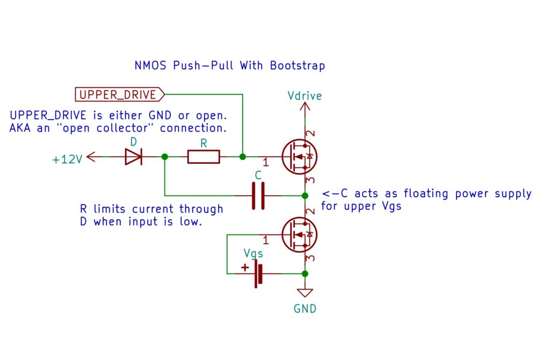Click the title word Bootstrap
[x=297, y=66]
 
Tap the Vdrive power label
[x=305, y=96]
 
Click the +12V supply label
[x=67, y=160]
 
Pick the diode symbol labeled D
[x=133, y=157]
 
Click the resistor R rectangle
[x=204, y=157]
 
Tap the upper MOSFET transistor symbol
[x=299, y=157]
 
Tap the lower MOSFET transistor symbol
[x=299, y=235]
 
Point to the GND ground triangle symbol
[x=305, y=293]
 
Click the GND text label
[x=305, y=309]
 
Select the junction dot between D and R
[x=164, y=157]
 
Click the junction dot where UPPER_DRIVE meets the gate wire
[x=243, y=157]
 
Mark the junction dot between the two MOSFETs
[x=305, y=195]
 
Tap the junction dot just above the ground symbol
[x=305, y=273]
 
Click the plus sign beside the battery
[x=245, y=267]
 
